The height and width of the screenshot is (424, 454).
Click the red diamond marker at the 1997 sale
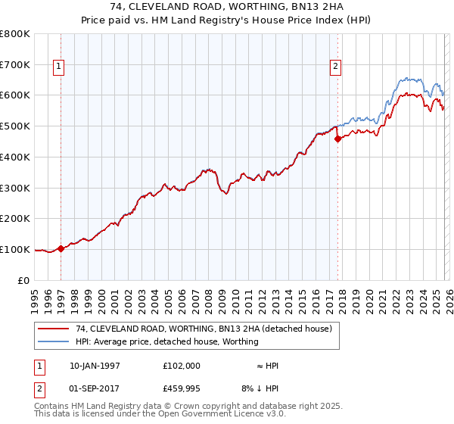(x=61, y=248)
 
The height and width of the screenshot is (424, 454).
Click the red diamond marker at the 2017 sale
(x=337, y=138)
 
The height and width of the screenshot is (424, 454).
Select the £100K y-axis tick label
(x=15, y=249)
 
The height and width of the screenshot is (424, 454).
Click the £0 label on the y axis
(x=23, y=280)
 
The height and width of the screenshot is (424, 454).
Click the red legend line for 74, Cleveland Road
(x=54, y=329)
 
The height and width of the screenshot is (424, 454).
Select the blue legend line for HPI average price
(x=54, y=341)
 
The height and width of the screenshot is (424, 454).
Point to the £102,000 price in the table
(x=182, y=366)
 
